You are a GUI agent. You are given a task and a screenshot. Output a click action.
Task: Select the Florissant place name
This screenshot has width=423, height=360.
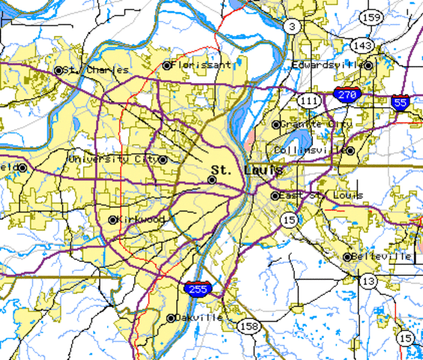(x=201, y=65)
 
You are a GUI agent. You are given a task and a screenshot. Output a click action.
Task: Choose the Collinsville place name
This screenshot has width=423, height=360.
(x=310, y=150)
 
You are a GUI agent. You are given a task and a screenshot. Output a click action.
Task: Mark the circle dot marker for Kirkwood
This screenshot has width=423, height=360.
(x=112, y=220)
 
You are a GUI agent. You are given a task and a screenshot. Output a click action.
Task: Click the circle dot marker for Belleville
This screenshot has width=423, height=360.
(x=347, y=256)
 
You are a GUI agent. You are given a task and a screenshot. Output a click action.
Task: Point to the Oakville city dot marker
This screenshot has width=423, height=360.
(x=171, y=318)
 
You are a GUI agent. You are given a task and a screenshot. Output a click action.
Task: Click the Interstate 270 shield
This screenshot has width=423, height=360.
(x=347, y=95)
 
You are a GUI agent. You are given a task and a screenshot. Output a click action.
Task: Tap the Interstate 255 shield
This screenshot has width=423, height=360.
(x=197, y=287)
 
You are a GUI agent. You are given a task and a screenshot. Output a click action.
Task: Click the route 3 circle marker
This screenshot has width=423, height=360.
(x=292, y=26)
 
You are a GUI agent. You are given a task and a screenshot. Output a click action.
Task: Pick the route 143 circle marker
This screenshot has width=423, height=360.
(x=363, y=46)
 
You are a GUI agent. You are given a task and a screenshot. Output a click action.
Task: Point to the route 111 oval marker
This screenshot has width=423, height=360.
(x=307, y=100)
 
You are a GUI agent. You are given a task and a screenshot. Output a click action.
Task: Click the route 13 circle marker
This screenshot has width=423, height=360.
(x=368, y=280)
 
